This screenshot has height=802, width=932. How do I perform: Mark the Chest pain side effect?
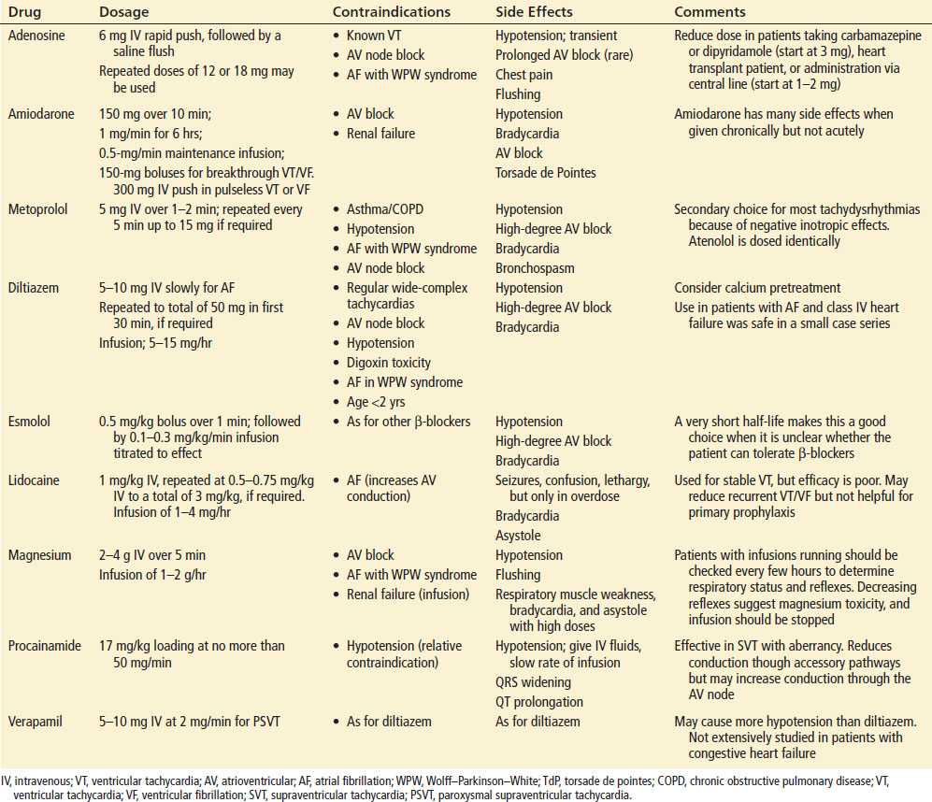[523, 75]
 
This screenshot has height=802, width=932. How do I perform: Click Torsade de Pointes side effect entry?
[547, 173]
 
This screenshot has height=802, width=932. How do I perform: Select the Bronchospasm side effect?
[535, 268]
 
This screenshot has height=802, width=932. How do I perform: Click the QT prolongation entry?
[539, 702]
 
